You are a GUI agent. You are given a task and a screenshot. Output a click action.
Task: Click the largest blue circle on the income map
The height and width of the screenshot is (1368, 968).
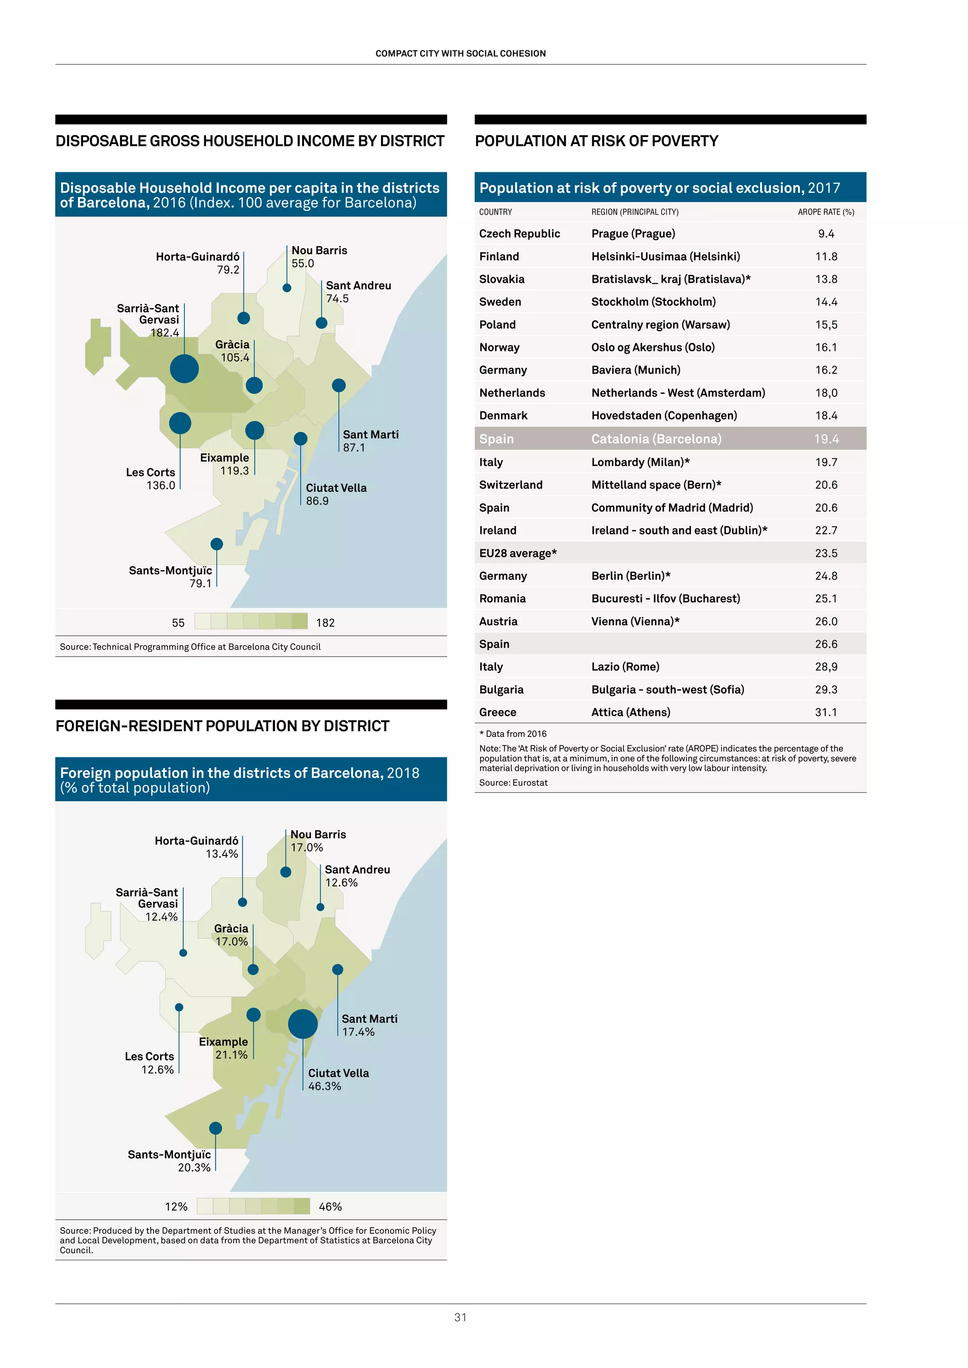coord(184,369)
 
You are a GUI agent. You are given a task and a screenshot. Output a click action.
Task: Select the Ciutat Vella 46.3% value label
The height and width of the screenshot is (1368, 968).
coord(324,1086)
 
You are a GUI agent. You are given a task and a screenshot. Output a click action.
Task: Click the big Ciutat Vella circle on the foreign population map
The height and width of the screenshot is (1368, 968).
coord(303,1024)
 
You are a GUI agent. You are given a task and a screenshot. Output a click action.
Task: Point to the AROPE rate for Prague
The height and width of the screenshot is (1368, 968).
coord(826,233)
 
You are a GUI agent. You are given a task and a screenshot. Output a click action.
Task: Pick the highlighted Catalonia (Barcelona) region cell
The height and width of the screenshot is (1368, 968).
coord(656,438)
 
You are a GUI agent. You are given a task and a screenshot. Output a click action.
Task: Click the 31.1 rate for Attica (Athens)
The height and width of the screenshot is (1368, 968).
coord(826,712)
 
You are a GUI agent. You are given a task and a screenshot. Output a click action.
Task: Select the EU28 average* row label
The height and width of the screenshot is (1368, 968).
coord(518,553)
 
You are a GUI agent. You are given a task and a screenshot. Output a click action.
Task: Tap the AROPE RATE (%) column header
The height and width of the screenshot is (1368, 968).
coord(826,212)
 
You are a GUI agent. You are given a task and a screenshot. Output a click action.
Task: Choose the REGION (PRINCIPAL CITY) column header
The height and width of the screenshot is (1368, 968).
coord(634,212)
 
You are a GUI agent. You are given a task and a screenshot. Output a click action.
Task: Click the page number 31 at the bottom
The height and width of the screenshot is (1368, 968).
coord(460,1317)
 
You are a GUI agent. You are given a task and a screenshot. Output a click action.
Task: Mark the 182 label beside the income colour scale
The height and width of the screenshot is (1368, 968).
coord(326,623)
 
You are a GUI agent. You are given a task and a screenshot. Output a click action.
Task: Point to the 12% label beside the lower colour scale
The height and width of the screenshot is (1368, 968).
coord(176,1206)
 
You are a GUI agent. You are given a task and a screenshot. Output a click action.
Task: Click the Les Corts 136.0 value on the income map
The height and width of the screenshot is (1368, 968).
coord(161,485)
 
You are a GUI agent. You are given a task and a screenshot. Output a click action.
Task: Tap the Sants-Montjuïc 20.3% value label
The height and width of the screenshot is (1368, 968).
coord(194,1167)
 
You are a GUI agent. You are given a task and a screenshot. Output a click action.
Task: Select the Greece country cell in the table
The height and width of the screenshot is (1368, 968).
coord(497,712)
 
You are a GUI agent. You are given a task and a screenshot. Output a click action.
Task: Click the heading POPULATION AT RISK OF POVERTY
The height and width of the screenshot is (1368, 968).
coord(596,141)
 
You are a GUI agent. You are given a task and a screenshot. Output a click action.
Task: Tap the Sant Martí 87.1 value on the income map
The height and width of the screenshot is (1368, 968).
coord(354,447)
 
